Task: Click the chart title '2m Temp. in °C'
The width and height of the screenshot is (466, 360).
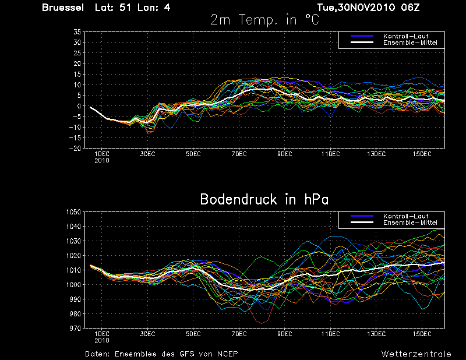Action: coord(264,20)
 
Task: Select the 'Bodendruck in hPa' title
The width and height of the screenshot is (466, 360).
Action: coord(264,199)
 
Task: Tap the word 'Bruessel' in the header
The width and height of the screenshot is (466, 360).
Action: coord(63,8)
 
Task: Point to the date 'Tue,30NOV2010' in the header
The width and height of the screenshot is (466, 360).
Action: coord(356,8)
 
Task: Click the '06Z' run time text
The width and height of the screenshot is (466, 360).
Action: coord(410,8)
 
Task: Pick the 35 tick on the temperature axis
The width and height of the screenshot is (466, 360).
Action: coord(77,32)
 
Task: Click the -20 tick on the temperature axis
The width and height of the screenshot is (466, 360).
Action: coord(75,149)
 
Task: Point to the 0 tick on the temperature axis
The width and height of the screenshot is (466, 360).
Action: coord(79,106)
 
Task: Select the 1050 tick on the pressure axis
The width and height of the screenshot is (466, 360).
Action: coord(74,212)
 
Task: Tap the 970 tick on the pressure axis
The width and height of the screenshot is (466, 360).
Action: coord(75,328)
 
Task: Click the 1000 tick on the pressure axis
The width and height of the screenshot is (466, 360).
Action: coord(74,284)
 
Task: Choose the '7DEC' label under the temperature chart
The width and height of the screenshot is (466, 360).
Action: coord(239,154)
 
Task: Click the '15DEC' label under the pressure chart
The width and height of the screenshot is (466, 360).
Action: coord(422,334)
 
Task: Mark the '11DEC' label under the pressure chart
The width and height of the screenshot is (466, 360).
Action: coord(330,334)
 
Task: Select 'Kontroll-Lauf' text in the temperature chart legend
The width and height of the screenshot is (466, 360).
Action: coord(405,36)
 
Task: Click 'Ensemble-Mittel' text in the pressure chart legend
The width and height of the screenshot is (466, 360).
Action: coord(410,223)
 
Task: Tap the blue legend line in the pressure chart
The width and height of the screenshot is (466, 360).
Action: coord(362,216)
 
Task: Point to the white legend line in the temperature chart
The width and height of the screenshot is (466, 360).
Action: coord(362,43)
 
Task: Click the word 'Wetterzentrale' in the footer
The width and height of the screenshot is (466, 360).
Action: coord(416,354)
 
